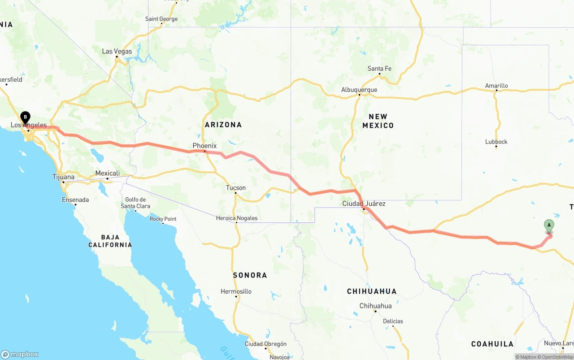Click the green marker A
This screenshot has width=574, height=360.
click(549, 226)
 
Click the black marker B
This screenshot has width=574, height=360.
click(26, 117)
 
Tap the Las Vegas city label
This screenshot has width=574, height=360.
click(117, 51)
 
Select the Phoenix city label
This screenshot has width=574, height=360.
click(204, 146)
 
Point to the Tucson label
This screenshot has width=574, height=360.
click(236, 188)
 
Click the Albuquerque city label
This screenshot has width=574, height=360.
click(359, 90)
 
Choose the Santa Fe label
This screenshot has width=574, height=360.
click(379, 69)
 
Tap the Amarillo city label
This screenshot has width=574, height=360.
click(496, 86)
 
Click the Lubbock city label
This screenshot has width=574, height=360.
click(496, 142)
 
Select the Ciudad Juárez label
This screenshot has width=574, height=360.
click(364, 204)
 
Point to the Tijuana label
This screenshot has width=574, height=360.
click(64, 177)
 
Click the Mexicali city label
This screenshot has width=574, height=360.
click(108, 173)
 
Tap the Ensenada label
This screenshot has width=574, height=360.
click(75, 200)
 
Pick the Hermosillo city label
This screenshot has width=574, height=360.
click(236, 291)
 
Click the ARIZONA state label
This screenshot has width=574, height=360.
click(223, 125)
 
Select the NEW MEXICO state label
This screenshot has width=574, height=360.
click(378, 121)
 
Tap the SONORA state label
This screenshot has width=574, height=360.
click(250, 275)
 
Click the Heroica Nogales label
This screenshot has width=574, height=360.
click(237, 218)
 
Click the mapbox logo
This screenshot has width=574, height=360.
click(20, 354)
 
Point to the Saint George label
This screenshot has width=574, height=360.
click(161, 19)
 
